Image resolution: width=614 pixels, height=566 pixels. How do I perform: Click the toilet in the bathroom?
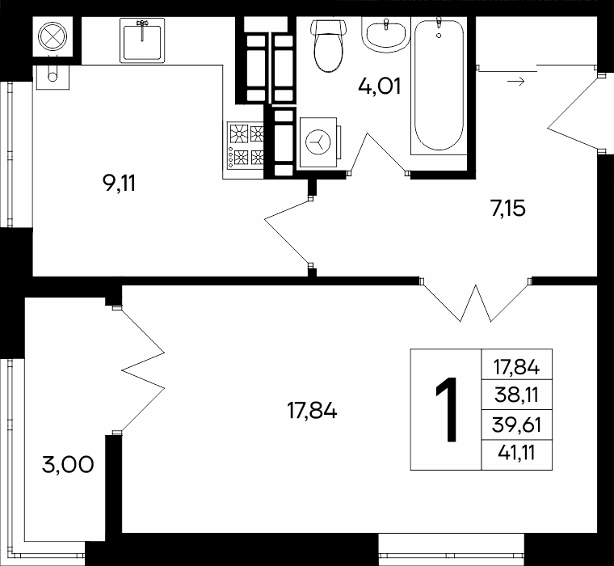329,45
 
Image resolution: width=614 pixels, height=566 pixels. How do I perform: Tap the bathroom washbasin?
386,36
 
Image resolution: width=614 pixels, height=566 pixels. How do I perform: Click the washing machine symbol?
319,141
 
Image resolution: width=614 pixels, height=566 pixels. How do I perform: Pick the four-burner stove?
246,145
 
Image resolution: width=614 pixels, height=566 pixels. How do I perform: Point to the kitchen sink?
142,40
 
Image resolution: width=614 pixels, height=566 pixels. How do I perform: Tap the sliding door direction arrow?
515,82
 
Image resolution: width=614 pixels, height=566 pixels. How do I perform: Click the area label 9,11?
119,183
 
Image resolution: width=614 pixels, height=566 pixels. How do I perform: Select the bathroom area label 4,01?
380,87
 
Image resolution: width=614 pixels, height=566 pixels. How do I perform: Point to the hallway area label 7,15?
507,208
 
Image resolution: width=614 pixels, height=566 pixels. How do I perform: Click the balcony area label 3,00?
68,465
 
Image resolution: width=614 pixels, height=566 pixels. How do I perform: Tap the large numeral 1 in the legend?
447,410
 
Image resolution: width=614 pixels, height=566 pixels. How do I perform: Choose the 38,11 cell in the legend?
516,395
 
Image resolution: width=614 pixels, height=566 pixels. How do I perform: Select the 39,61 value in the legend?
516,424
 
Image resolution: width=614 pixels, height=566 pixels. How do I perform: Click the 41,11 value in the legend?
516,454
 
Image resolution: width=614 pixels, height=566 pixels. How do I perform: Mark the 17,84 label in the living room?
312,412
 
